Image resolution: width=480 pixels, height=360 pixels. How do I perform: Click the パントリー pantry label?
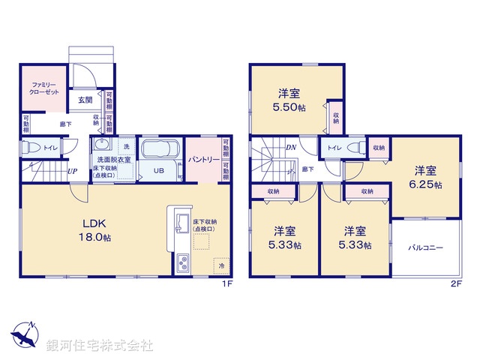[x=202, y=160]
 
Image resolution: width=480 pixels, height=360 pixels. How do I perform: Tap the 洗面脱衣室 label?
[x=114, y=160]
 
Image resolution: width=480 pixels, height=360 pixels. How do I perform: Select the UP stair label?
[x=72, y=171]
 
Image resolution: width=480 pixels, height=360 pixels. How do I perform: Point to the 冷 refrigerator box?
[x=221, y=265]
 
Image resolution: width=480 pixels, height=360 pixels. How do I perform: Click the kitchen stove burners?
[x=182, y=263]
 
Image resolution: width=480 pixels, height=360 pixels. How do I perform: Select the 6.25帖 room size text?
[x=426, y=184]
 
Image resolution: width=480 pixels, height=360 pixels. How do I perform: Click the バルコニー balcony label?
[x=425, y=247]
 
